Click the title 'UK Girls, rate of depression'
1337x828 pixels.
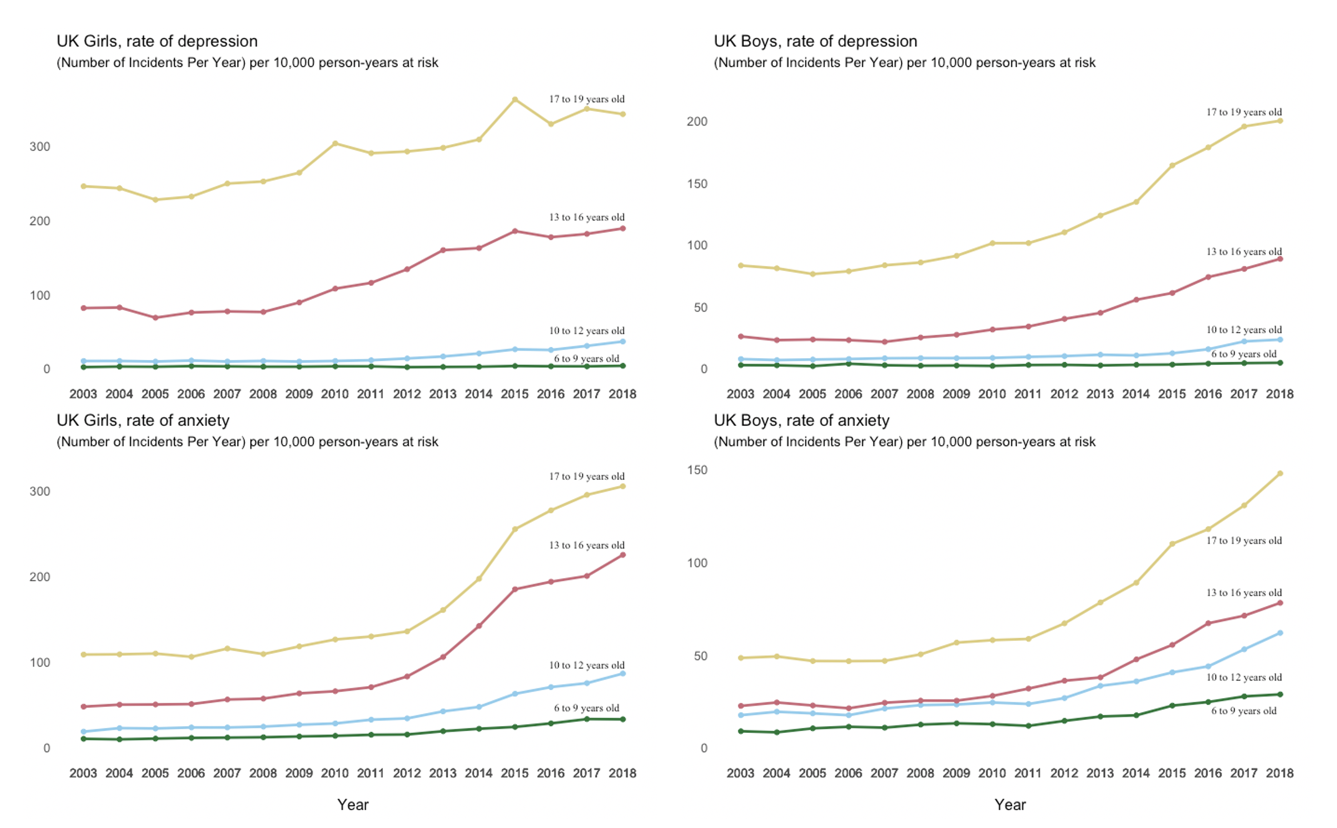click(157, 41)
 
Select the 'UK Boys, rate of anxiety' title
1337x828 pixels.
click(801, 420)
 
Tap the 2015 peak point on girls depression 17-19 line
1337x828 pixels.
click(515, 99)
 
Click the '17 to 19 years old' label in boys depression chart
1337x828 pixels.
click(1244, 112)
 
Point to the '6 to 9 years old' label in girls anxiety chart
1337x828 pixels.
click(586, 708)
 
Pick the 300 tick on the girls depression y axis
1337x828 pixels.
click(40, 147)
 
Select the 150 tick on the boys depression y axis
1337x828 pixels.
click(697, 184)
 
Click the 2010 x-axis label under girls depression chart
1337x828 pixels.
click(335, 394)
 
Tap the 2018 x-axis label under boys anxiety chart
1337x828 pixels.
click(1280, 773)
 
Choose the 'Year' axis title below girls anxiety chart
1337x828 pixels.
click(353, 805)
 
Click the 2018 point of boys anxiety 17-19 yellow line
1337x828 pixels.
click(1280, 474)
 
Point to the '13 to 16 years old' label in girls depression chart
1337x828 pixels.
click(586, 217)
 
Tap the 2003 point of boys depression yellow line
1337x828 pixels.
click(741, 265)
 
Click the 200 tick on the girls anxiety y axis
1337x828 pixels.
click(40, 577)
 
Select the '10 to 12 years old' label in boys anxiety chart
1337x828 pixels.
click(1244, 678)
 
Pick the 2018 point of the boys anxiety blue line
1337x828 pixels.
click(1280, 633)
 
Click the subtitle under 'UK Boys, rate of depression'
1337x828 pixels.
click(905, 63)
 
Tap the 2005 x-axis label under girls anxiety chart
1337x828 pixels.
click(155, 773)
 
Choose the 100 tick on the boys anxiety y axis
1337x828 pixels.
click(697, 563)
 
